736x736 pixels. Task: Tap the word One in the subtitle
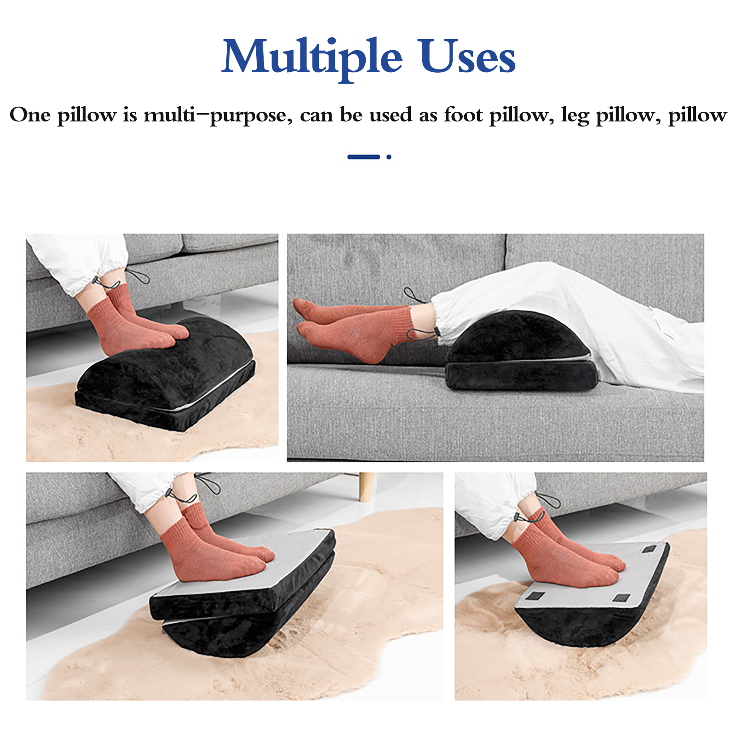[30, 115]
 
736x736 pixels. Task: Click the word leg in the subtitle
[575, 115]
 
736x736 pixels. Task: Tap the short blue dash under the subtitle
[363, 157]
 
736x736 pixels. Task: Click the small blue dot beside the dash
[389, 157]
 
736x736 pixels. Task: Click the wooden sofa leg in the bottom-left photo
[366, 487]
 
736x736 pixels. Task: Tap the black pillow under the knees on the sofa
[522, 352]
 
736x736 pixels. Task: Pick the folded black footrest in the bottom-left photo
[244, 598]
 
